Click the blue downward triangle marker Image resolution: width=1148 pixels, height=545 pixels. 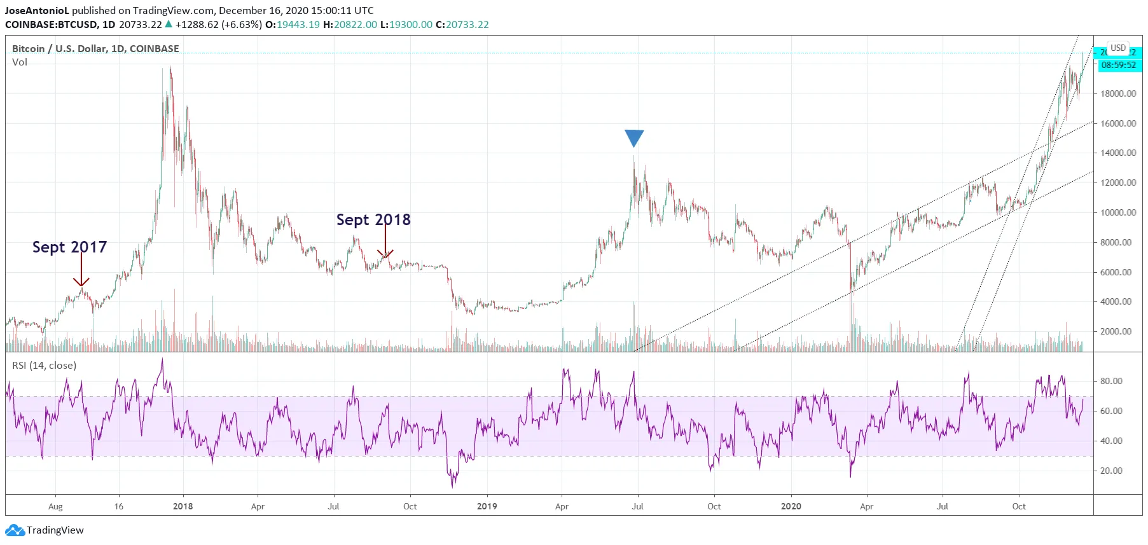(x=634, y=137)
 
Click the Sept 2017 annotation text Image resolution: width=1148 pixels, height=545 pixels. (x=69, y=247)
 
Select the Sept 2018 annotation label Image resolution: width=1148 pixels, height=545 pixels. (x=373, y=219)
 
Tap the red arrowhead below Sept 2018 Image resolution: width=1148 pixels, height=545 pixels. (x=385, y=254)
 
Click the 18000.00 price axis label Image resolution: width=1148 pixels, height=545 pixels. (x=1118, y=93)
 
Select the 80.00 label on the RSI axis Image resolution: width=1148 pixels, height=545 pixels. (x=1111, y=381)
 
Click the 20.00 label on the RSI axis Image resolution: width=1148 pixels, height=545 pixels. (x=1111, y=471)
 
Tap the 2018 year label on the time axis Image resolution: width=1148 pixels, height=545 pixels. (x=183, y=506)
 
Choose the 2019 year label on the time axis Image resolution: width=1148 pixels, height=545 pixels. (x=487, y=506)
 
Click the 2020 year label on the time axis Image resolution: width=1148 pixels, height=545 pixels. (x=791, y=506)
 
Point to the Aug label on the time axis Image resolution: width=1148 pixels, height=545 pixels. (x=55, y=506)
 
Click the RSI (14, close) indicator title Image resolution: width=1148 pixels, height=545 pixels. (x=44, y=366)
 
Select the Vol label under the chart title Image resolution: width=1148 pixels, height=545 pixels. (x=20, y=62)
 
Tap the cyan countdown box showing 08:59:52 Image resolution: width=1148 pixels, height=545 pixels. (x=1118, y=65)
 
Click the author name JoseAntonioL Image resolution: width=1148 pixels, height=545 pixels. (x=37, y=11)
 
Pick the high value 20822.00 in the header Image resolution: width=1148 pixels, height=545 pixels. (x=356, y=25)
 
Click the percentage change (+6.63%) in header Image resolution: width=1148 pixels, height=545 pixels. (x=242, y=25)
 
